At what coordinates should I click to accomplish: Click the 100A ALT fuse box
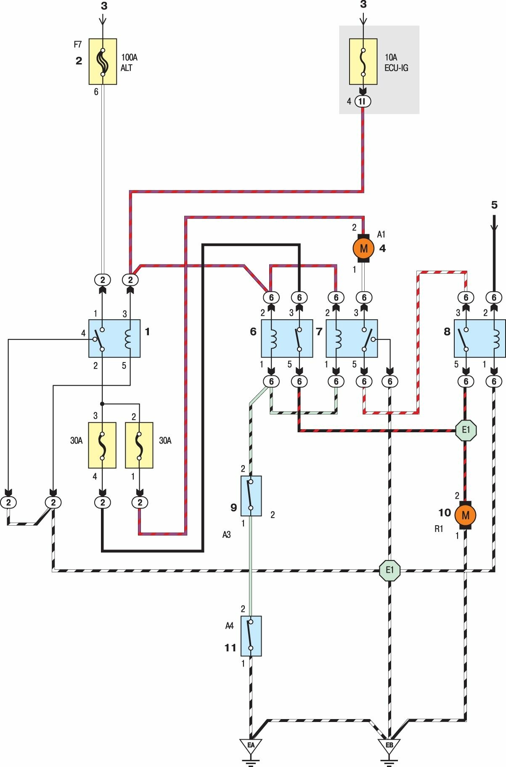pyautogui.click(x=103, y=61)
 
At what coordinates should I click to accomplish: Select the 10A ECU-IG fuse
pyautogui.click(x=363, y=62)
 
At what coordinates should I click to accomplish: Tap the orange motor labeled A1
pyautogui.click(x=364, y=248)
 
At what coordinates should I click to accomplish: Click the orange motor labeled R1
pyautogui.click(x=465, y=515)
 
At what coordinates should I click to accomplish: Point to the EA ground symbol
pyautogui.click(x=251, y=746)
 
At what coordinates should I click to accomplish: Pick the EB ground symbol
pyautogui.click(x=389, y=746)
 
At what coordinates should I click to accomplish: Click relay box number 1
pyautogui.click(x=114, y=338)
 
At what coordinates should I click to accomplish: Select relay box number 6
pyautogui.click(x=287, y=338)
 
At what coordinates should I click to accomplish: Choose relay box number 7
pyautogui.click(x=352, y=338)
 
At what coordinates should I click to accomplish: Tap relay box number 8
pyautogui.click(x=480, y=338)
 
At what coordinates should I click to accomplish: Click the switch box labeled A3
pyautogui.click(x=251, y=496)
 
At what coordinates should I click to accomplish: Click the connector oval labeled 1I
pyautogui.click(x=363, y=101)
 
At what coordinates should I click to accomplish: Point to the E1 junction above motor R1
pyautogui.click(x=466, y=430)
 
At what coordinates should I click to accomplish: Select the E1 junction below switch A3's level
pyautogui.click(x=389, y=570)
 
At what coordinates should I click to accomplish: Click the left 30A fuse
pyautogui.click(x=102, y=445)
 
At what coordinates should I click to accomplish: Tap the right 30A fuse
pyautogui.click(x=139, y=445)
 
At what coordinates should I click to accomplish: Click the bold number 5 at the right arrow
pyautogui.click(x=494, y=205)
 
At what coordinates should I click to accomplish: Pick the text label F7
pyautogui.click(x=78, y=44)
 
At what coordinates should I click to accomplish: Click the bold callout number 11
pyautogui.click(x=230, y=648)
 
